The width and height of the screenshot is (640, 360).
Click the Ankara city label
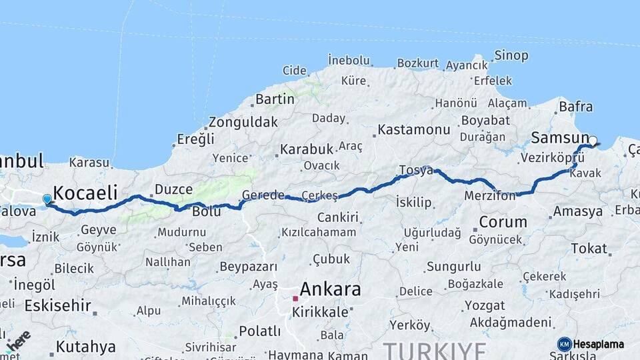click(330, 289)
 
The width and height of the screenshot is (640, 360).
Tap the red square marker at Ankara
click(295, 298)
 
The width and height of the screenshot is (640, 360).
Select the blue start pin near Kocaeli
click(47, 199)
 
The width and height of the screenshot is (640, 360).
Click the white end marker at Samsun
click(593, 141)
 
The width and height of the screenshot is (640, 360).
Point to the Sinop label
click(511, 56)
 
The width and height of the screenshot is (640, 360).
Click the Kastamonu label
click(413, 129)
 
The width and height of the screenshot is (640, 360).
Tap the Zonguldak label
click(243, 122)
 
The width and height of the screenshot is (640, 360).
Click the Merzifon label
click(490, 196)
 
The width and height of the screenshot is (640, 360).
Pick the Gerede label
click(263, 195)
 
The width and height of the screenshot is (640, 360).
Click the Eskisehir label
click(57, 306)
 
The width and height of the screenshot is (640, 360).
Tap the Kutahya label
click(86, 347)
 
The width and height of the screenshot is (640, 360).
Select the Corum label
click(503, 221)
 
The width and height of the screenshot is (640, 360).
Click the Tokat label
click(589, 248)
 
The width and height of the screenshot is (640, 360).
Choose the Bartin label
click(275, 99)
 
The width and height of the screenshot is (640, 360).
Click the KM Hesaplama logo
click(591, 344)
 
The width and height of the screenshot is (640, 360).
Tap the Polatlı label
click(260, 331)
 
